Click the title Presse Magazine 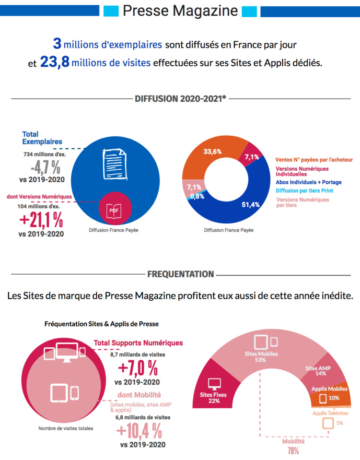tap(180, 11)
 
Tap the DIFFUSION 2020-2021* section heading tap(180, 98)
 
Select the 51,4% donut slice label tap(251, 205)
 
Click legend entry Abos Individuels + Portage tap(312, 182)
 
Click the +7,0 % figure tap(138, 368)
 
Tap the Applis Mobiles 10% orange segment tap(330, 395)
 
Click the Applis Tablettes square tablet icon tap(328, 422)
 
